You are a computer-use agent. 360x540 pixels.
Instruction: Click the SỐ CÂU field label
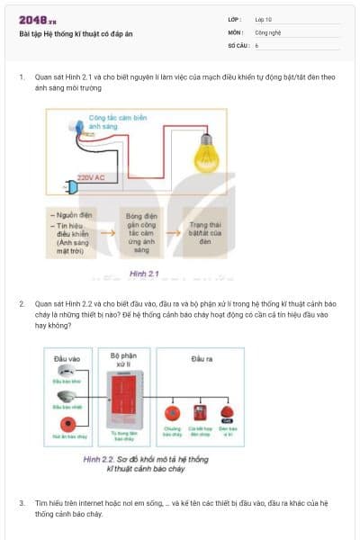(x=238, y=44)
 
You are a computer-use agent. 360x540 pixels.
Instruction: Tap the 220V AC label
(x=92, y=177)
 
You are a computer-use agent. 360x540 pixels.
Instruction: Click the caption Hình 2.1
(x=144, y=273)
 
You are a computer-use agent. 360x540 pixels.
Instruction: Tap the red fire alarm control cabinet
(x=125, y=398)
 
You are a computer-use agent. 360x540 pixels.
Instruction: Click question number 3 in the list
(x=22, y=501)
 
